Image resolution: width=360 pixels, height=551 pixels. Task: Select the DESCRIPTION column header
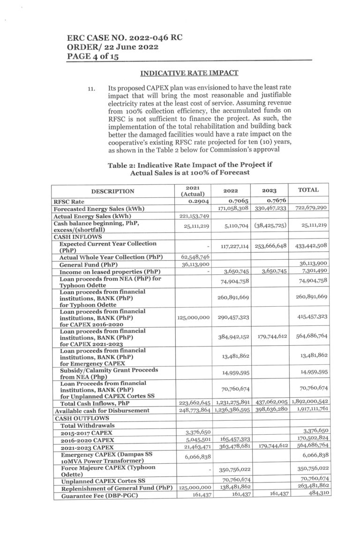112,191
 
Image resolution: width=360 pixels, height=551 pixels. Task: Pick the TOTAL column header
308,190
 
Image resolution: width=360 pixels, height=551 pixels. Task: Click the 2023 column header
270,191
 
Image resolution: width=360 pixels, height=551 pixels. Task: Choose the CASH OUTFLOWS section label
79,417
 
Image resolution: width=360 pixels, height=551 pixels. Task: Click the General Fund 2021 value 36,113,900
192,264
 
